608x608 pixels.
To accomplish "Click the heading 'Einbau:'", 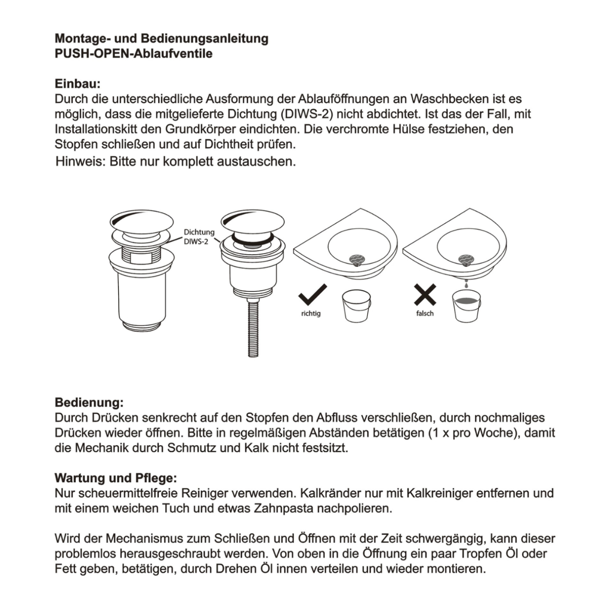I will click(x=77, y=84).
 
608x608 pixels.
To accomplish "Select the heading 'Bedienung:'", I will click(x=89, y=402).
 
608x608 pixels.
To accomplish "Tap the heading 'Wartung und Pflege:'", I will click(x=116, y=477).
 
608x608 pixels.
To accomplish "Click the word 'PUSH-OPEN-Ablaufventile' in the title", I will click(x=133, y=53).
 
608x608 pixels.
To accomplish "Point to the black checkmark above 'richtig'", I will click(x=313, y=295).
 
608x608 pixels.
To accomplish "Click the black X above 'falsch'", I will click(x=425, y=295).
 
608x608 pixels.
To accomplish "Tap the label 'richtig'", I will click(x=311, y=313).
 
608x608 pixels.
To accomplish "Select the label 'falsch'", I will click(x=425, y=313).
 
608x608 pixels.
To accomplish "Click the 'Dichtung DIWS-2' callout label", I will click(x=199, y=236).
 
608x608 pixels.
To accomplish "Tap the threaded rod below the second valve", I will click(x=253, y=328).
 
